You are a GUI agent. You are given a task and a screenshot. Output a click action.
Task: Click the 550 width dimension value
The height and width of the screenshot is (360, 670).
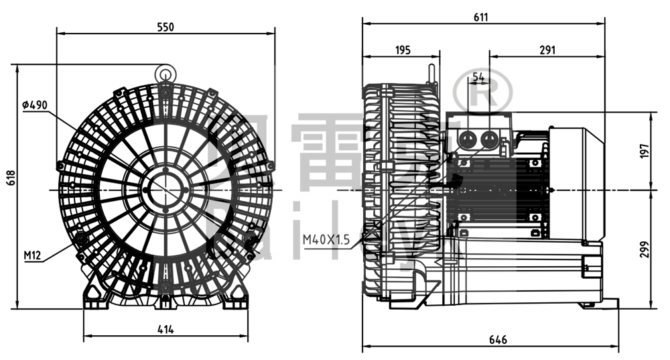[x=165, y=27]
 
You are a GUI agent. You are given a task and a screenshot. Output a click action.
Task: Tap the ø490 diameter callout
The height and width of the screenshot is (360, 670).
[x=35, y=105]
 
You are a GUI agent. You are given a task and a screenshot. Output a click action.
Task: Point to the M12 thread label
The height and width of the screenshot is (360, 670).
[x=32, y=255]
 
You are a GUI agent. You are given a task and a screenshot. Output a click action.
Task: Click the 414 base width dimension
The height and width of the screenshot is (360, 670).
[x=165, y=328]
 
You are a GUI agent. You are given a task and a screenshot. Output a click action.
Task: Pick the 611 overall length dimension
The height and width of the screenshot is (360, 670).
[x=480, y=17]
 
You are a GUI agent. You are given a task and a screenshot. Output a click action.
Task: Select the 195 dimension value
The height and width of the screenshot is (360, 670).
[x=403, y=50]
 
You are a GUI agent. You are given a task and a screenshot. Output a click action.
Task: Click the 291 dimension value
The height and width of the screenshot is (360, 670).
[x=547, y=50]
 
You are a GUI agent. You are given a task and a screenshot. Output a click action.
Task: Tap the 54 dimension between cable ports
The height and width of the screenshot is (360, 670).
[x=478, y=78]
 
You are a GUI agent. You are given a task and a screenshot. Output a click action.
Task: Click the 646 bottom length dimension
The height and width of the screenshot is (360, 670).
[x=498, y=341]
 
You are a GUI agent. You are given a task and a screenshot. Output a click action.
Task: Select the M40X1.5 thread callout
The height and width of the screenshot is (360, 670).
[x=326, y=239]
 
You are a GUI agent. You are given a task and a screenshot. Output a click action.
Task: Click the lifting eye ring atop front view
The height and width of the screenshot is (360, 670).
[x=165, y=72]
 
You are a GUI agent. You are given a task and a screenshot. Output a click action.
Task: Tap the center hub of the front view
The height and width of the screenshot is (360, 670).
[x=165, y=189]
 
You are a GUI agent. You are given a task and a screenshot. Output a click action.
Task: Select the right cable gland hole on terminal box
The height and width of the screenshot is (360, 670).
[x=490, y=138]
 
